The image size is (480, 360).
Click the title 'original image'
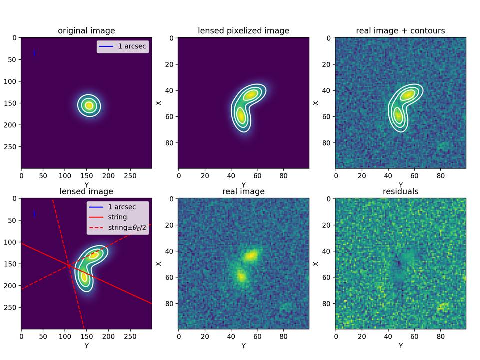[86, 31]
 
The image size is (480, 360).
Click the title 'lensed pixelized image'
[243, 31]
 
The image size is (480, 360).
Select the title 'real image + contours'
[400, 31]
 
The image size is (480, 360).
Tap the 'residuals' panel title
[400, 191]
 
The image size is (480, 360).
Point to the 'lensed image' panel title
[86, 191]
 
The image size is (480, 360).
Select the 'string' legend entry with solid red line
[117, 217]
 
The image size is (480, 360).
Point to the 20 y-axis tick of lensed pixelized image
[170, 64]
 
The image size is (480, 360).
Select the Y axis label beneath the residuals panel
[400, 346]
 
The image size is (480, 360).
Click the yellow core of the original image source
[89, 105]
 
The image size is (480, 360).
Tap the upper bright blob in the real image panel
[251, 255]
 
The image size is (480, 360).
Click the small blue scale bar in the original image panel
[34, 53]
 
